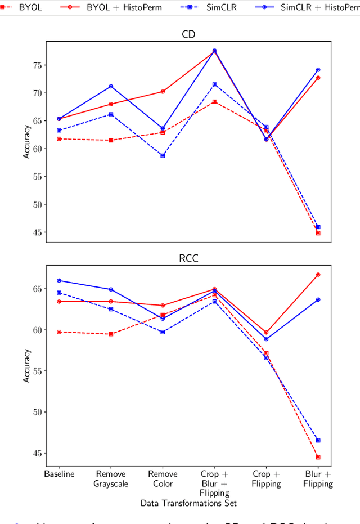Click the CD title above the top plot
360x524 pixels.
(188, 34)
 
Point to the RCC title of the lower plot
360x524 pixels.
(188, 258)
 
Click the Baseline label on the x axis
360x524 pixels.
(59, 474)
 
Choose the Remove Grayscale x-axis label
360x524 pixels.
(111, 478)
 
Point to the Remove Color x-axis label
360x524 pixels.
(163, 478)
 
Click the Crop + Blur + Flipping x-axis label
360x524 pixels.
(214, 483)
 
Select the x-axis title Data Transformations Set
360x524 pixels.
(188, 503)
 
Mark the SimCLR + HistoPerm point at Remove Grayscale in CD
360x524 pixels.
(111, 86)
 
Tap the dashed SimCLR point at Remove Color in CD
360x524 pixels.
(163, 155)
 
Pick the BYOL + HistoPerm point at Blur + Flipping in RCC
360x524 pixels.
(318, 275)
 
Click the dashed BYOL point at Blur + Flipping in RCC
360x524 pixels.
(318, 457)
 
